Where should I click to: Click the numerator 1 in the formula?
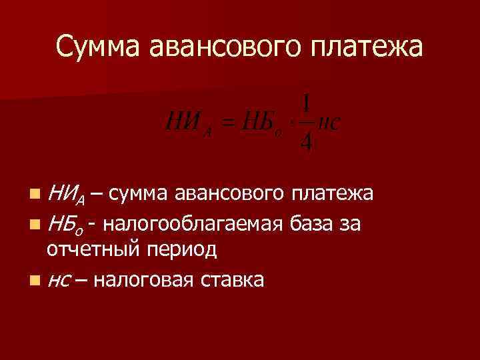[306, 105]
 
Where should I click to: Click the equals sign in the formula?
[229, 124]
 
